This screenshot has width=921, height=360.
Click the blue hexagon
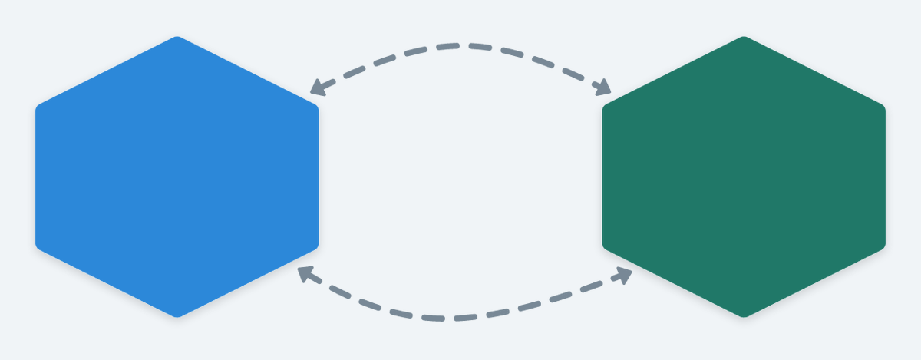coord(177,177)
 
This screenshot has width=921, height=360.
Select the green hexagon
coord(744,177)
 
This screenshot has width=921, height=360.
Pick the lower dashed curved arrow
coord(460,317)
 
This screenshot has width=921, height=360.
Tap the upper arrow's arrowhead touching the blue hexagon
coord(315,91)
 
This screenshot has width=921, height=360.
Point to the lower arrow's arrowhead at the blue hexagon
coord(304,271)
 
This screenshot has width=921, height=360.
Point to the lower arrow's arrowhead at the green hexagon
coord(626,273)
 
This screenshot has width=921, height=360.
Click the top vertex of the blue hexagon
coord(177,38)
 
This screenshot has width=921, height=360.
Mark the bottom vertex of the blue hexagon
coord(177,315)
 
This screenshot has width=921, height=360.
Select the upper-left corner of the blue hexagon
coord(38,106)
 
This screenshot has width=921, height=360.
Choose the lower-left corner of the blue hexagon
coord(38,247)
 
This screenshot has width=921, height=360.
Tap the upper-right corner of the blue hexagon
coord(316,106)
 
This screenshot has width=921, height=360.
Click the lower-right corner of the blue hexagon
coord(316,247)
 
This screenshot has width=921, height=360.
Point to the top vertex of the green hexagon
coord(744,38)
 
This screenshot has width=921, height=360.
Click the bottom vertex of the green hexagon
coord(744,315)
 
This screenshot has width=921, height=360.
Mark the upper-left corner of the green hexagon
coord(604,106)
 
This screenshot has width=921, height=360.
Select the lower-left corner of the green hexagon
coord(604,247)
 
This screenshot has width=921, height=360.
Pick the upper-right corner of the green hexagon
coord(883,106)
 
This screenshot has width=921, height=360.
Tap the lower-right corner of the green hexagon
coord(883,247)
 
